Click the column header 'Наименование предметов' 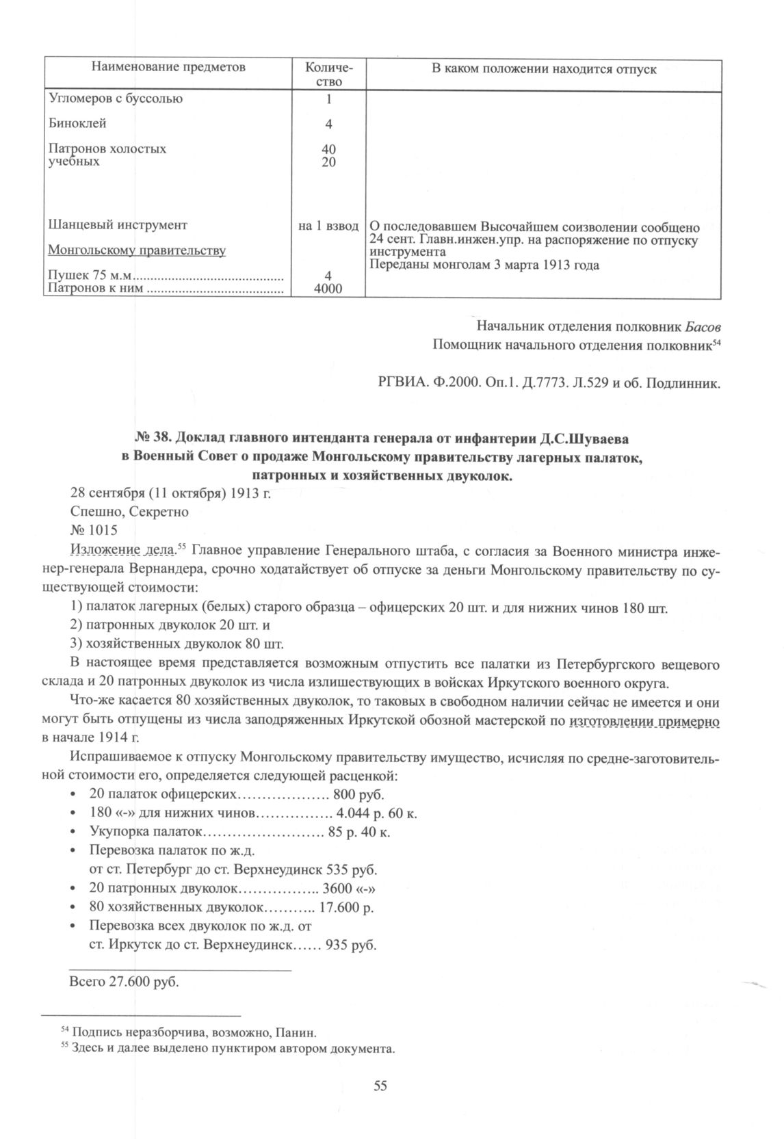click(x=168, y=68)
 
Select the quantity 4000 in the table click(x=328, y=289)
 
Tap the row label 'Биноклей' click(x=77, y=124)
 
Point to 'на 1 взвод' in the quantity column click(x=328, y=225)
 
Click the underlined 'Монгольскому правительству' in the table click(x=136, y=250)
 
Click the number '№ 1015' click(x=94, y=530)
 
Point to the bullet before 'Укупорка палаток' click(x=73, y=833)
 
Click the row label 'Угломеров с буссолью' click(x=116, y=99)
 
